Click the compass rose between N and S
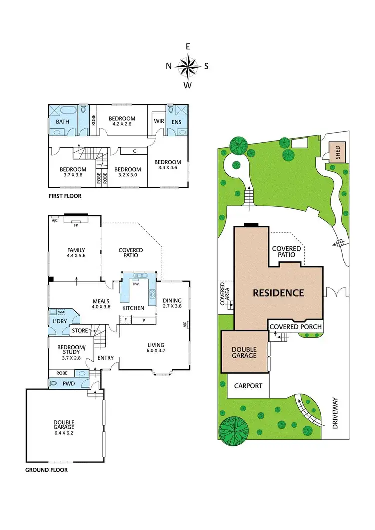[188, 66]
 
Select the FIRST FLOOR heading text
[65, 196]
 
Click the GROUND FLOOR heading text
[46, 470]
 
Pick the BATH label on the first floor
[62, 122]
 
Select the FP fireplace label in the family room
[76, 225]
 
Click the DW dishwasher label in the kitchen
[135, 284]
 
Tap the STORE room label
[80, 330]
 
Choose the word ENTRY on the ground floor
[105, 357]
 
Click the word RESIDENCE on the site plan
[278, 293]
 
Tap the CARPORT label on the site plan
[248, 386]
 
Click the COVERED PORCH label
[295, 327]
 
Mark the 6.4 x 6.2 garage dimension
[64, 433]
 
